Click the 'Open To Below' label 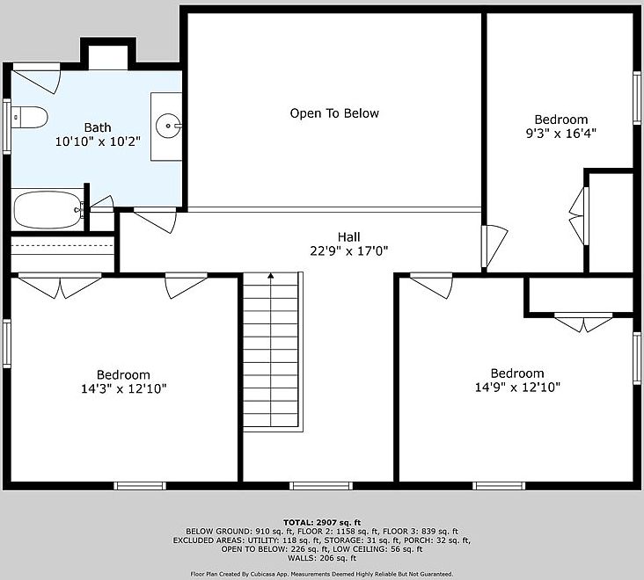(x=334, y=113)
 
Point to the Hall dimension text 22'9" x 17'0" (x=349, y=250)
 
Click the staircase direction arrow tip (x=272, y=276)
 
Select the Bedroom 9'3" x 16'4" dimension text (x=561, y=134)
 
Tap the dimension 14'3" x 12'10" (x=123, y=388)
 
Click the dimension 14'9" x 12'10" (x=517, y=387)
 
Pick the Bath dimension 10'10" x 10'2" (x=98, y=141)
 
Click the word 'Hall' (x=349, y=236)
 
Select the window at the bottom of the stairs (x=316, y=485)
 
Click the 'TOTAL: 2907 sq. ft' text (x=322, y=522)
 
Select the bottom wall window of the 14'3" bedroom (x=140, y=485)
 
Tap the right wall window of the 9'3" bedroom (x=637, y=98)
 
